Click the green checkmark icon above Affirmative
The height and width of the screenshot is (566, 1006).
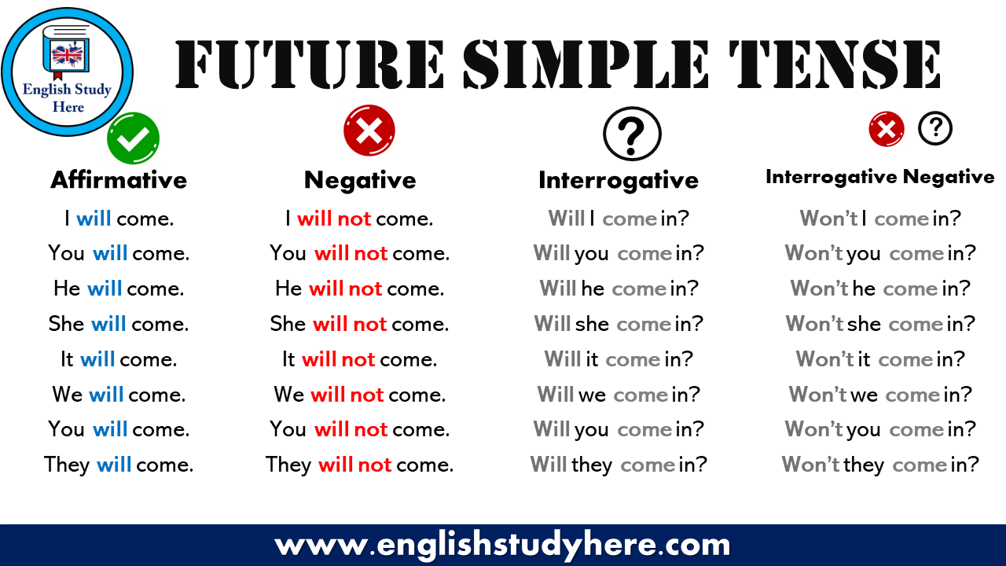[134, 138]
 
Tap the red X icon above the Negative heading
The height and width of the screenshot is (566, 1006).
[369, 130]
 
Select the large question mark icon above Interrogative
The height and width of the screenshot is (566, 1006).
[632, 134]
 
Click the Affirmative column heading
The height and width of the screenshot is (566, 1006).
[119, 180]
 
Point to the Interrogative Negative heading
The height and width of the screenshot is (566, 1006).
[879, 177]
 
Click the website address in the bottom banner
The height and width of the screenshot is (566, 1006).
[503, 544]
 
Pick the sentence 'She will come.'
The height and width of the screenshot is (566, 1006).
[119, 324]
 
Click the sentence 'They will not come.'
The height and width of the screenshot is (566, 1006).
[359, 465]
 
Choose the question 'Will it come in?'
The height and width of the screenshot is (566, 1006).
[619, 359]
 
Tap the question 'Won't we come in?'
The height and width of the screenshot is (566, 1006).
[880, 394]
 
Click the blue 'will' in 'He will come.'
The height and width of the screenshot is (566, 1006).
[105, 289]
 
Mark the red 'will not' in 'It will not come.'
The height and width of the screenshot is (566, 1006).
[338, 359]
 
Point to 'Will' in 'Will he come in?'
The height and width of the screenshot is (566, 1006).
[558, 289]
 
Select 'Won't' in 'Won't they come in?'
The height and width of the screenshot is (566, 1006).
[810, 465]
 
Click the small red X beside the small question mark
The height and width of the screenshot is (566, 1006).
[886, 129]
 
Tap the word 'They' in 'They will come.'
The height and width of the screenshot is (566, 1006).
[67, 465]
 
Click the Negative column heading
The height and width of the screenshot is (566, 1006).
[360, 180]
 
